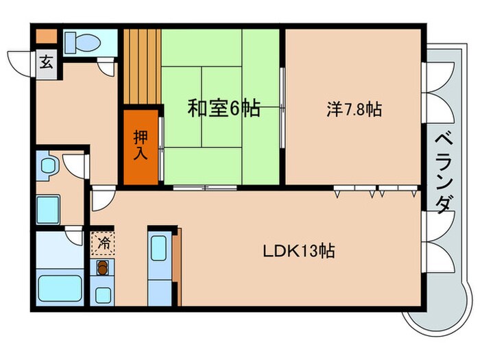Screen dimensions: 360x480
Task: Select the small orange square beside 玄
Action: [x=45, y=36]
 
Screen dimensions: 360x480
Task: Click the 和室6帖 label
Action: [x=224, y=108]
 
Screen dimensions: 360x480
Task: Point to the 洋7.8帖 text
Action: [x=354, y=108]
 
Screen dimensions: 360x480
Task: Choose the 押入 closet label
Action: [x=140, y=145]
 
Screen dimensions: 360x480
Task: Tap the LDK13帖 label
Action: [x=299, y=250]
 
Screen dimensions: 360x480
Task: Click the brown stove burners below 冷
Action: [x=103, y=268]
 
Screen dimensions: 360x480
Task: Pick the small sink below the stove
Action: [x=103, y=296]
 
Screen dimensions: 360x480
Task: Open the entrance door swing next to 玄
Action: [x=22, y=62]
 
